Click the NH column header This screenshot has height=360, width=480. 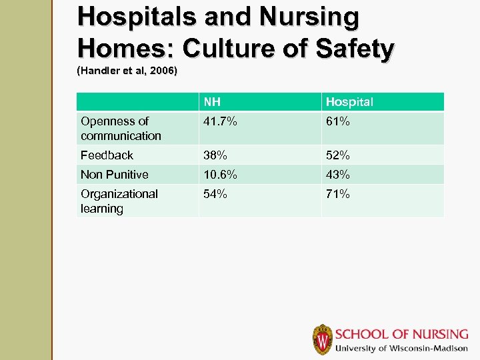(x=213, y=102)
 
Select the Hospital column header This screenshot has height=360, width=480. (x=349, y=102)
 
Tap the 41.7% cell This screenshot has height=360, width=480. (x=221, y=121)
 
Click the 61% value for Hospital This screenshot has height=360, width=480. (x=337, y=121)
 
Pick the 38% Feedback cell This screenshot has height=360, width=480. (x=215, y=155)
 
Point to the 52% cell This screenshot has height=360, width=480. (x=337, y=155)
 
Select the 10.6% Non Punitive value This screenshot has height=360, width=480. (x=221, y=175)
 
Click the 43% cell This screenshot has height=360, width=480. (x=337, y=175)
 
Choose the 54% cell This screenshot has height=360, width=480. (x=215, y=194)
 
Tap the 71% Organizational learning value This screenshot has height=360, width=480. (x=337, y=194)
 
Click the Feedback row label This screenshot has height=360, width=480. (x=107, y=155)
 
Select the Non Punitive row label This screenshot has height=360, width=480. (x=114, y=175)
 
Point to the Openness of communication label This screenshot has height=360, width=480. (x=121, y=128)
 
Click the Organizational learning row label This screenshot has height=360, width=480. (x=119, y=201)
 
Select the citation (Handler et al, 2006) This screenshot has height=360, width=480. (x=127, y=70)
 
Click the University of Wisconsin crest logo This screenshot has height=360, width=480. (x=323, y=339)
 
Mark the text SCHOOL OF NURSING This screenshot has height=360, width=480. (x=401, y=335)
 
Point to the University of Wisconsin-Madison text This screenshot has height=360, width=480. (x=401, y=349)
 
